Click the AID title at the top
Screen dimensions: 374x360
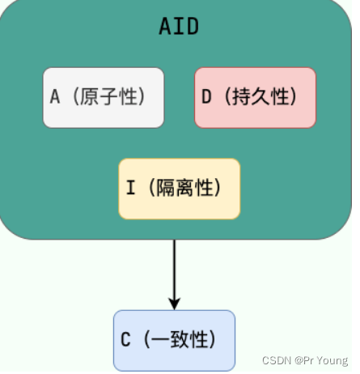pyautogui.click(x=179, y=27)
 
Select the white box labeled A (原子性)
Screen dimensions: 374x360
pyautogui.click(x=104, y=97)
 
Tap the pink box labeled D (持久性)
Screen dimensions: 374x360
pyautogui.click(x=255, y=97)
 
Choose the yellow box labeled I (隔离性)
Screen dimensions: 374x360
pyautogui.click(x=179, y=189)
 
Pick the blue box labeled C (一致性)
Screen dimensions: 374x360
pyautogui.click(x=174, y=340)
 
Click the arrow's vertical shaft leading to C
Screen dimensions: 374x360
pyautogui.click(x=174, y=267)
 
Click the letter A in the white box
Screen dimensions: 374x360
pyautogui.click(x=55, y=97)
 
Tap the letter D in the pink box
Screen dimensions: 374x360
pyautogui.click(x=206, y=97)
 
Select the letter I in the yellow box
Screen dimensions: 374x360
pyautogui.click(x=130, y=189)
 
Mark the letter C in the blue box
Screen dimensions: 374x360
pyautogui.click(x=125, y=340)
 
